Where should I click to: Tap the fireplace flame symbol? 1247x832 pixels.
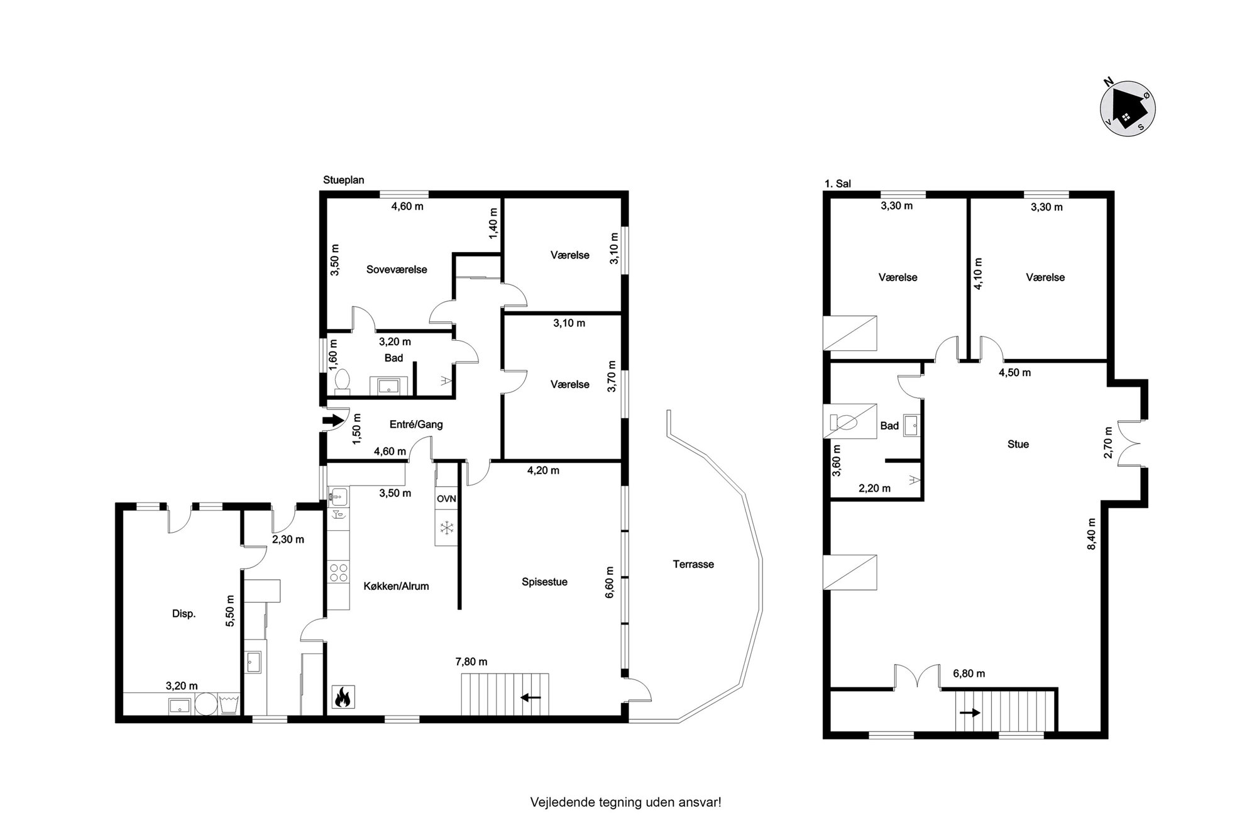point(343,697)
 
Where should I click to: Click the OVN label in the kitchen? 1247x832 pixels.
point(446,499)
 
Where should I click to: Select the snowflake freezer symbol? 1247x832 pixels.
point(447,528)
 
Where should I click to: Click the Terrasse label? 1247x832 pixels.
point(693,564)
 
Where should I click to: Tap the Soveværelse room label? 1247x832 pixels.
point(397,269)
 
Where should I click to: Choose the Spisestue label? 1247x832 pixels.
point(544,582)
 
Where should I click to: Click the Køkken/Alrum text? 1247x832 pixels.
point(396,586)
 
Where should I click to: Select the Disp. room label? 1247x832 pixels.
point(184,614)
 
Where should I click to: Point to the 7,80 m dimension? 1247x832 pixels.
point(471,662)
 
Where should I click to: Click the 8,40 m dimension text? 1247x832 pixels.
point(1091,534)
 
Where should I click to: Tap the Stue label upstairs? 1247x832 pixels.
point(1018,444)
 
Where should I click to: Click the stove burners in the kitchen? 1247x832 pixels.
point(339,572)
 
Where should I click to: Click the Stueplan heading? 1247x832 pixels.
point(344,180)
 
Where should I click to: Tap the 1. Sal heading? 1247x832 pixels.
point(838,184)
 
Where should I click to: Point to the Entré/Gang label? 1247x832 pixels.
point(416,424)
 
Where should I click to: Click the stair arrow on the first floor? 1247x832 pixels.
point(970,713)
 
